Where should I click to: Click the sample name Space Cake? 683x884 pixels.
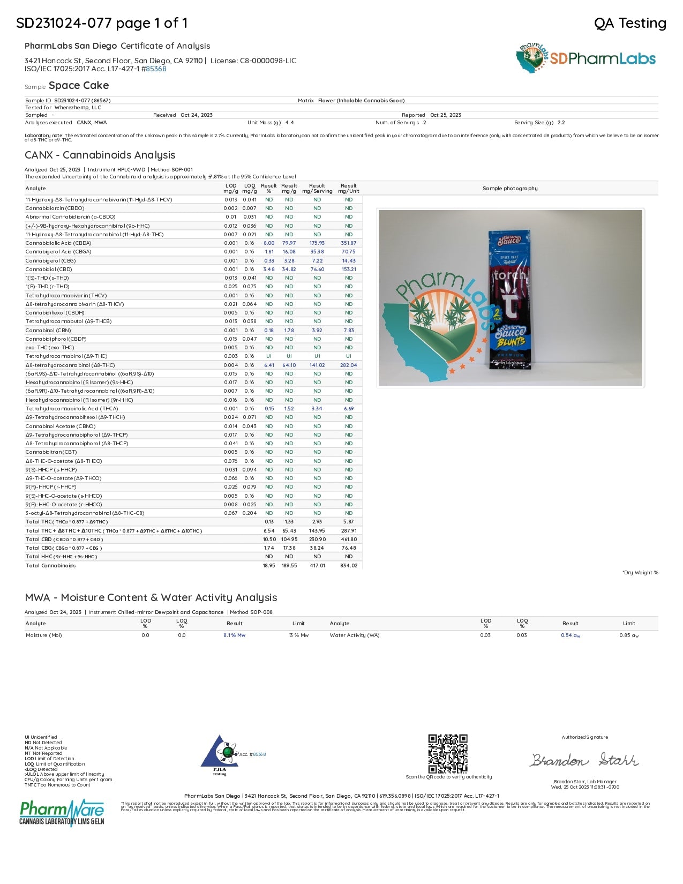click(x=78, y=86)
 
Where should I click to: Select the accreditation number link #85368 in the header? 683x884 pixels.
click(x=156, y=69)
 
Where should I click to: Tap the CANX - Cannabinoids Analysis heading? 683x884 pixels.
click(x=100, y=155)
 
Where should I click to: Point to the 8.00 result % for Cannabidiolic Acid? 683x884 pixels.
click(x=269, y=243)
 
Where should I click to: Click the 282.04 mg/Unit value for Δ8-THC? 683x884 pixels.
click(x=349, y=365)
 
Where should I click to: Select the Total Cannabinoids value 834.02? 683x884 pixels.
click(x=349, y=566)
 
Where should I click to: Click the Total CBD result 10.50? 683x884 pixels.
click(x=269, y=540)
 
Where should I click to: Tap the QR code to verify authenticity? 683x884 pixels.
click(x=448, y=753)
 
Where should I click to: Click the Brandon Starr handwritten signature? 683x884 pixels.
click(x=584, y=760)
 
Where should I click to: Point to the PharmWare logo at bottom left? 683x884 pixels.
click(x=62, y=813)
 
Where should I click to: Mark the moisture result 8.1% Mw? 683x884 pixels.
click(x=235, y=635)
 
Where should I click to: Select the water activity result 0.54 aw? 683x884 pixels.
click(x=571, y=635)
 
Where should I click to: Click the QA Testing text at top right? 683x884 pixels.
click(x=630, y=23)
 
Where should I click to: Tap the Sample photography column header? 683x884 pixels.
click(x=510, y=189)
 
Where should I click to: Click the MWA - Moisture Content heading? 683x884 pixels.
click(x=151, y=598)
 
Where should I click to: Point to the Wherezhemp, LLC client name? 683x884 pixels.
click(x=78, y=108)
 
